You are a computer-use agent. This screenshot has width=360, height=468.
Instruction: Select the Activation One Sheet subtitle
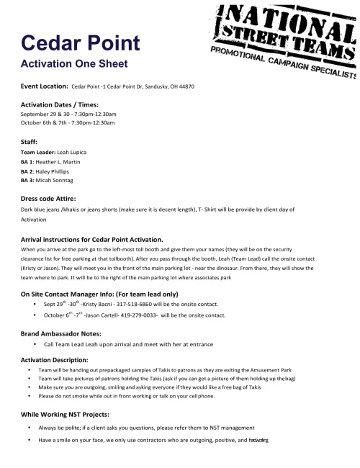tap(74, 63)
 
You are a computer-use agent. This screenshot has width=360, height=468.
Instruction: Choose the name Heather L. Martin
tap(62, 163)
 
